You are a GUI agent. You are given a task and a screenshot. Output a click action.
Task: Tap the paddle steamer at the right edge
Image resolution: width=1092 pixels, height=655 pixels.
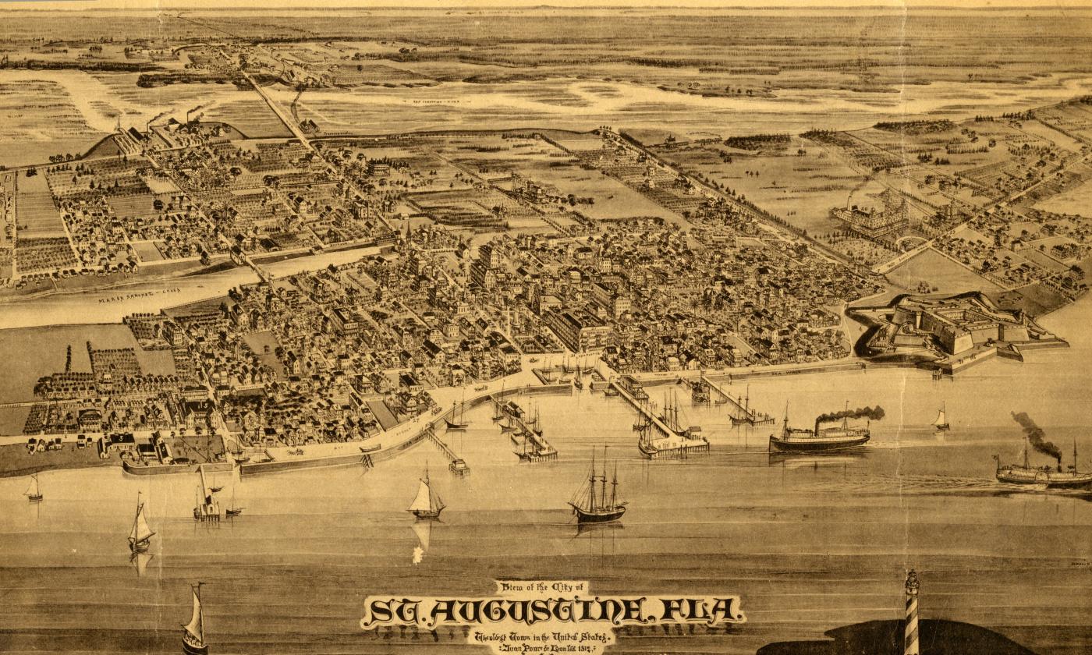click(x=1041, y=473)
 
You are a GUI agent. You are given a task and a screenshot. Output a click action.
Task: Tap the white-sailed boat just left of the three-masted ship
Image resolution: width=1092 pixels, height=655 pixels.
click(x=425, y=497)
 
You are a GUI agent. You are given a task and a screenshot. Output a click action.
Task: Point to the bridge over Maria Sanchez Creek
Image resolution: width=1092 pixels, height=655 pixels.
click(x=253, y=266)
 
